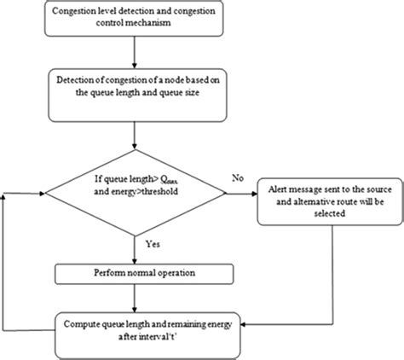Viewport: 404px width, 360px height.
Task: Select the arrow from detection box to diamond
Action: click(x=135, y=137)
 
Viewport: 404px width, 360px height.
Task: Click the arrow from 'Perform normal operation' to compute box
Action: click(x=135, y=299)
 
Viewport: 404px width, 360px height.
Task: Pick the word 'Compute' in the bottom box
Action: click(x=84, y=322)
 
